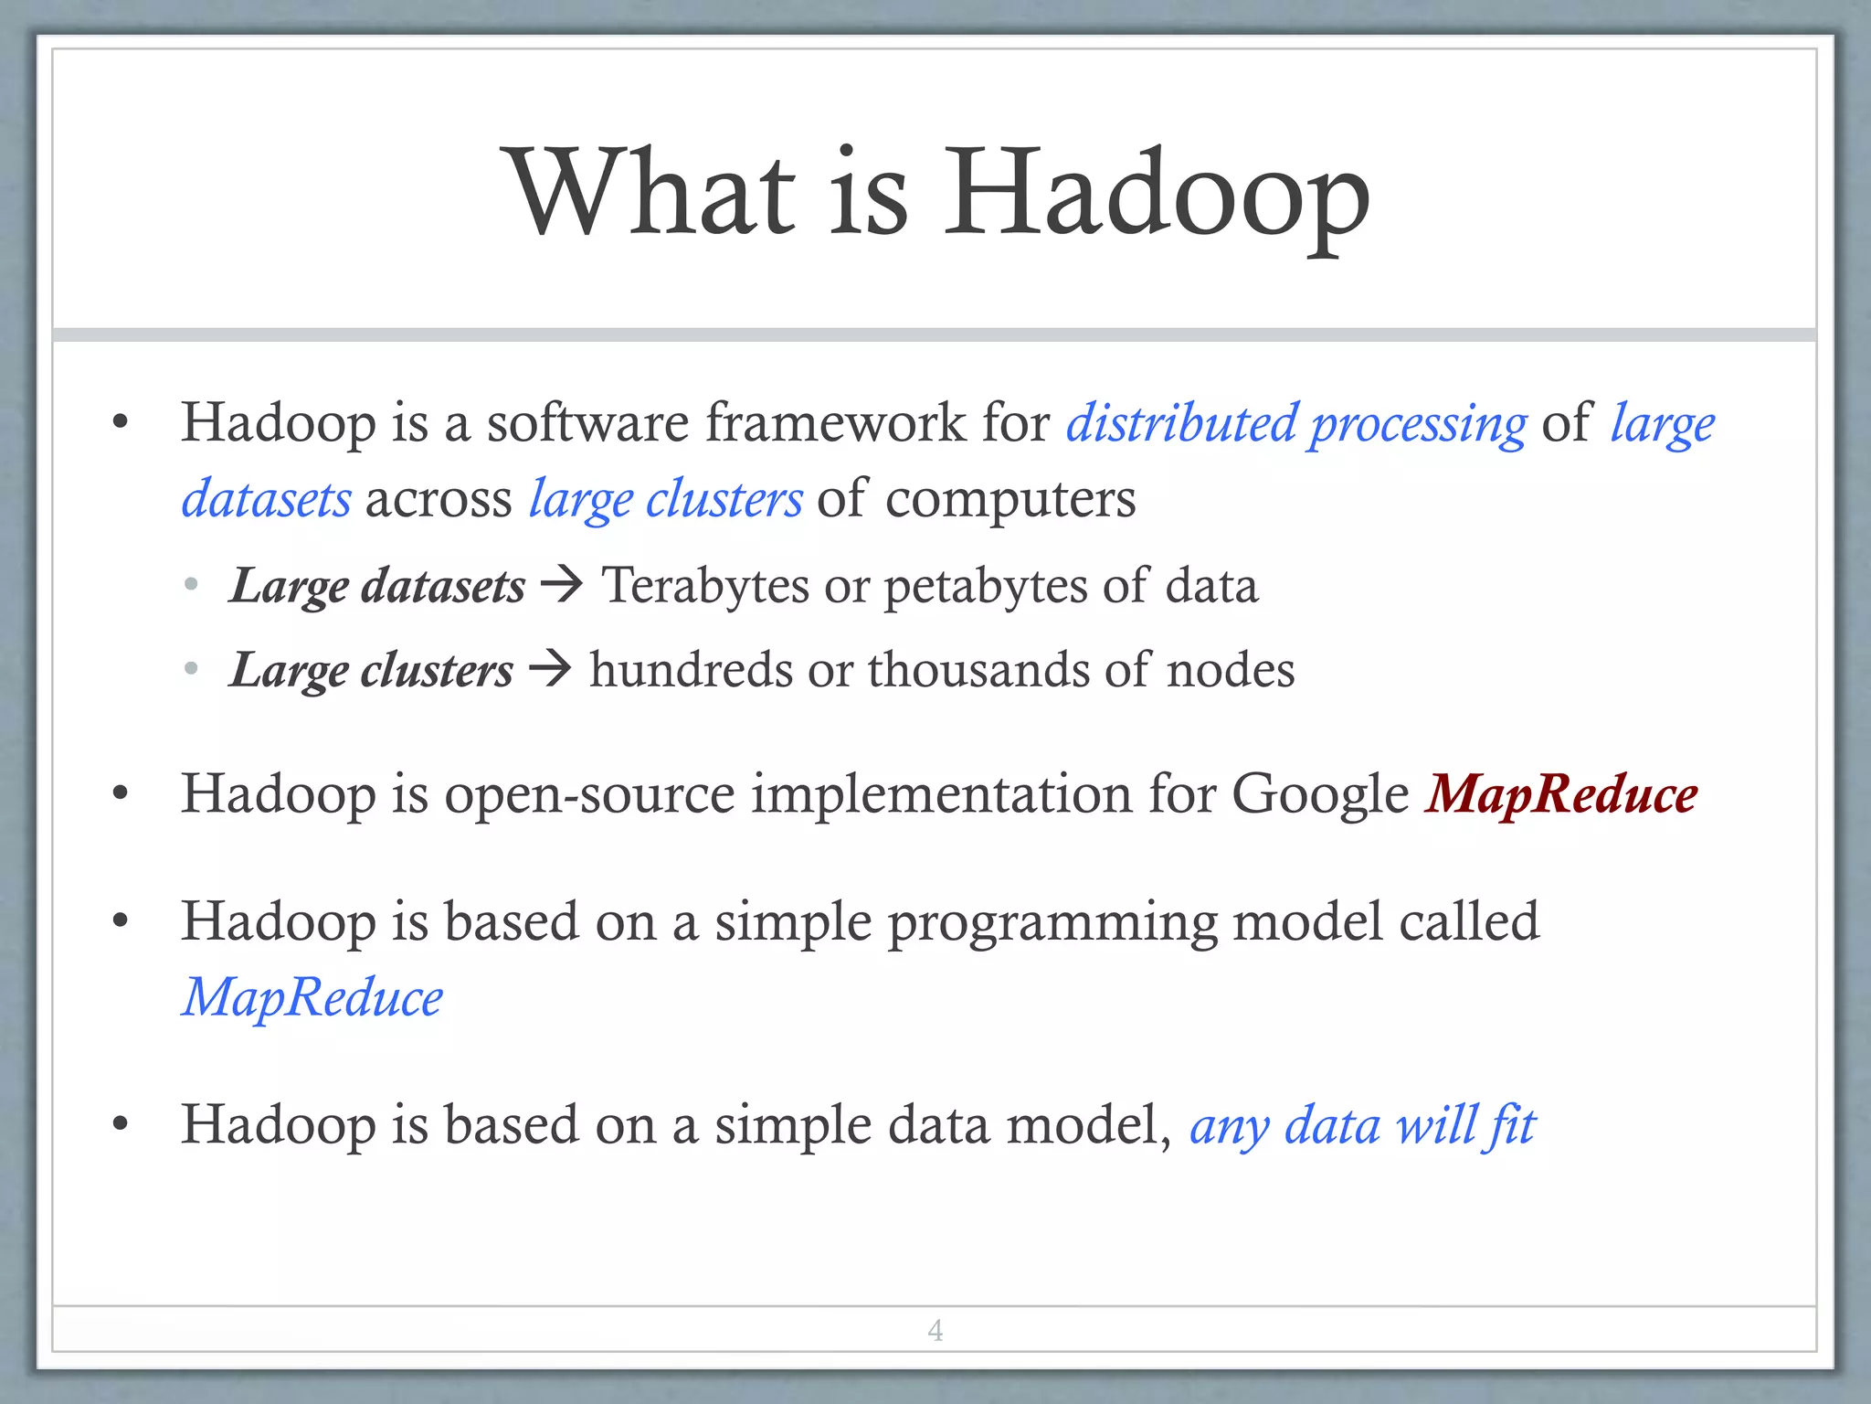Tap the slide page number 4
point(935,1330)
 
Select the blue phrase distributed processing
point(1296,424)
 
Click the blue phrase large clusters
point(666,500)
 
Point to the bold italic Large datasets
point(377,586)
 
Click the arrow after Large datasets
point(562,584)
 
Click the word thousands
point(978,670)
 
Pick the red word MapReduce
point(1561,793)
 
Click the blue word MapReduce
point(312,997)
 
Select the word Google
point(1320,793)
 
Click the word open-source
point(589,793)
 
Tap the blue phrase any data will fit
point(1362,1125)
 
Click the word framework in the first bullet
point(835,422)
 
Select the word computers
point(1010,500)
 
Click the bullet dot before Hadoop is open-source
point(120,793)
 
